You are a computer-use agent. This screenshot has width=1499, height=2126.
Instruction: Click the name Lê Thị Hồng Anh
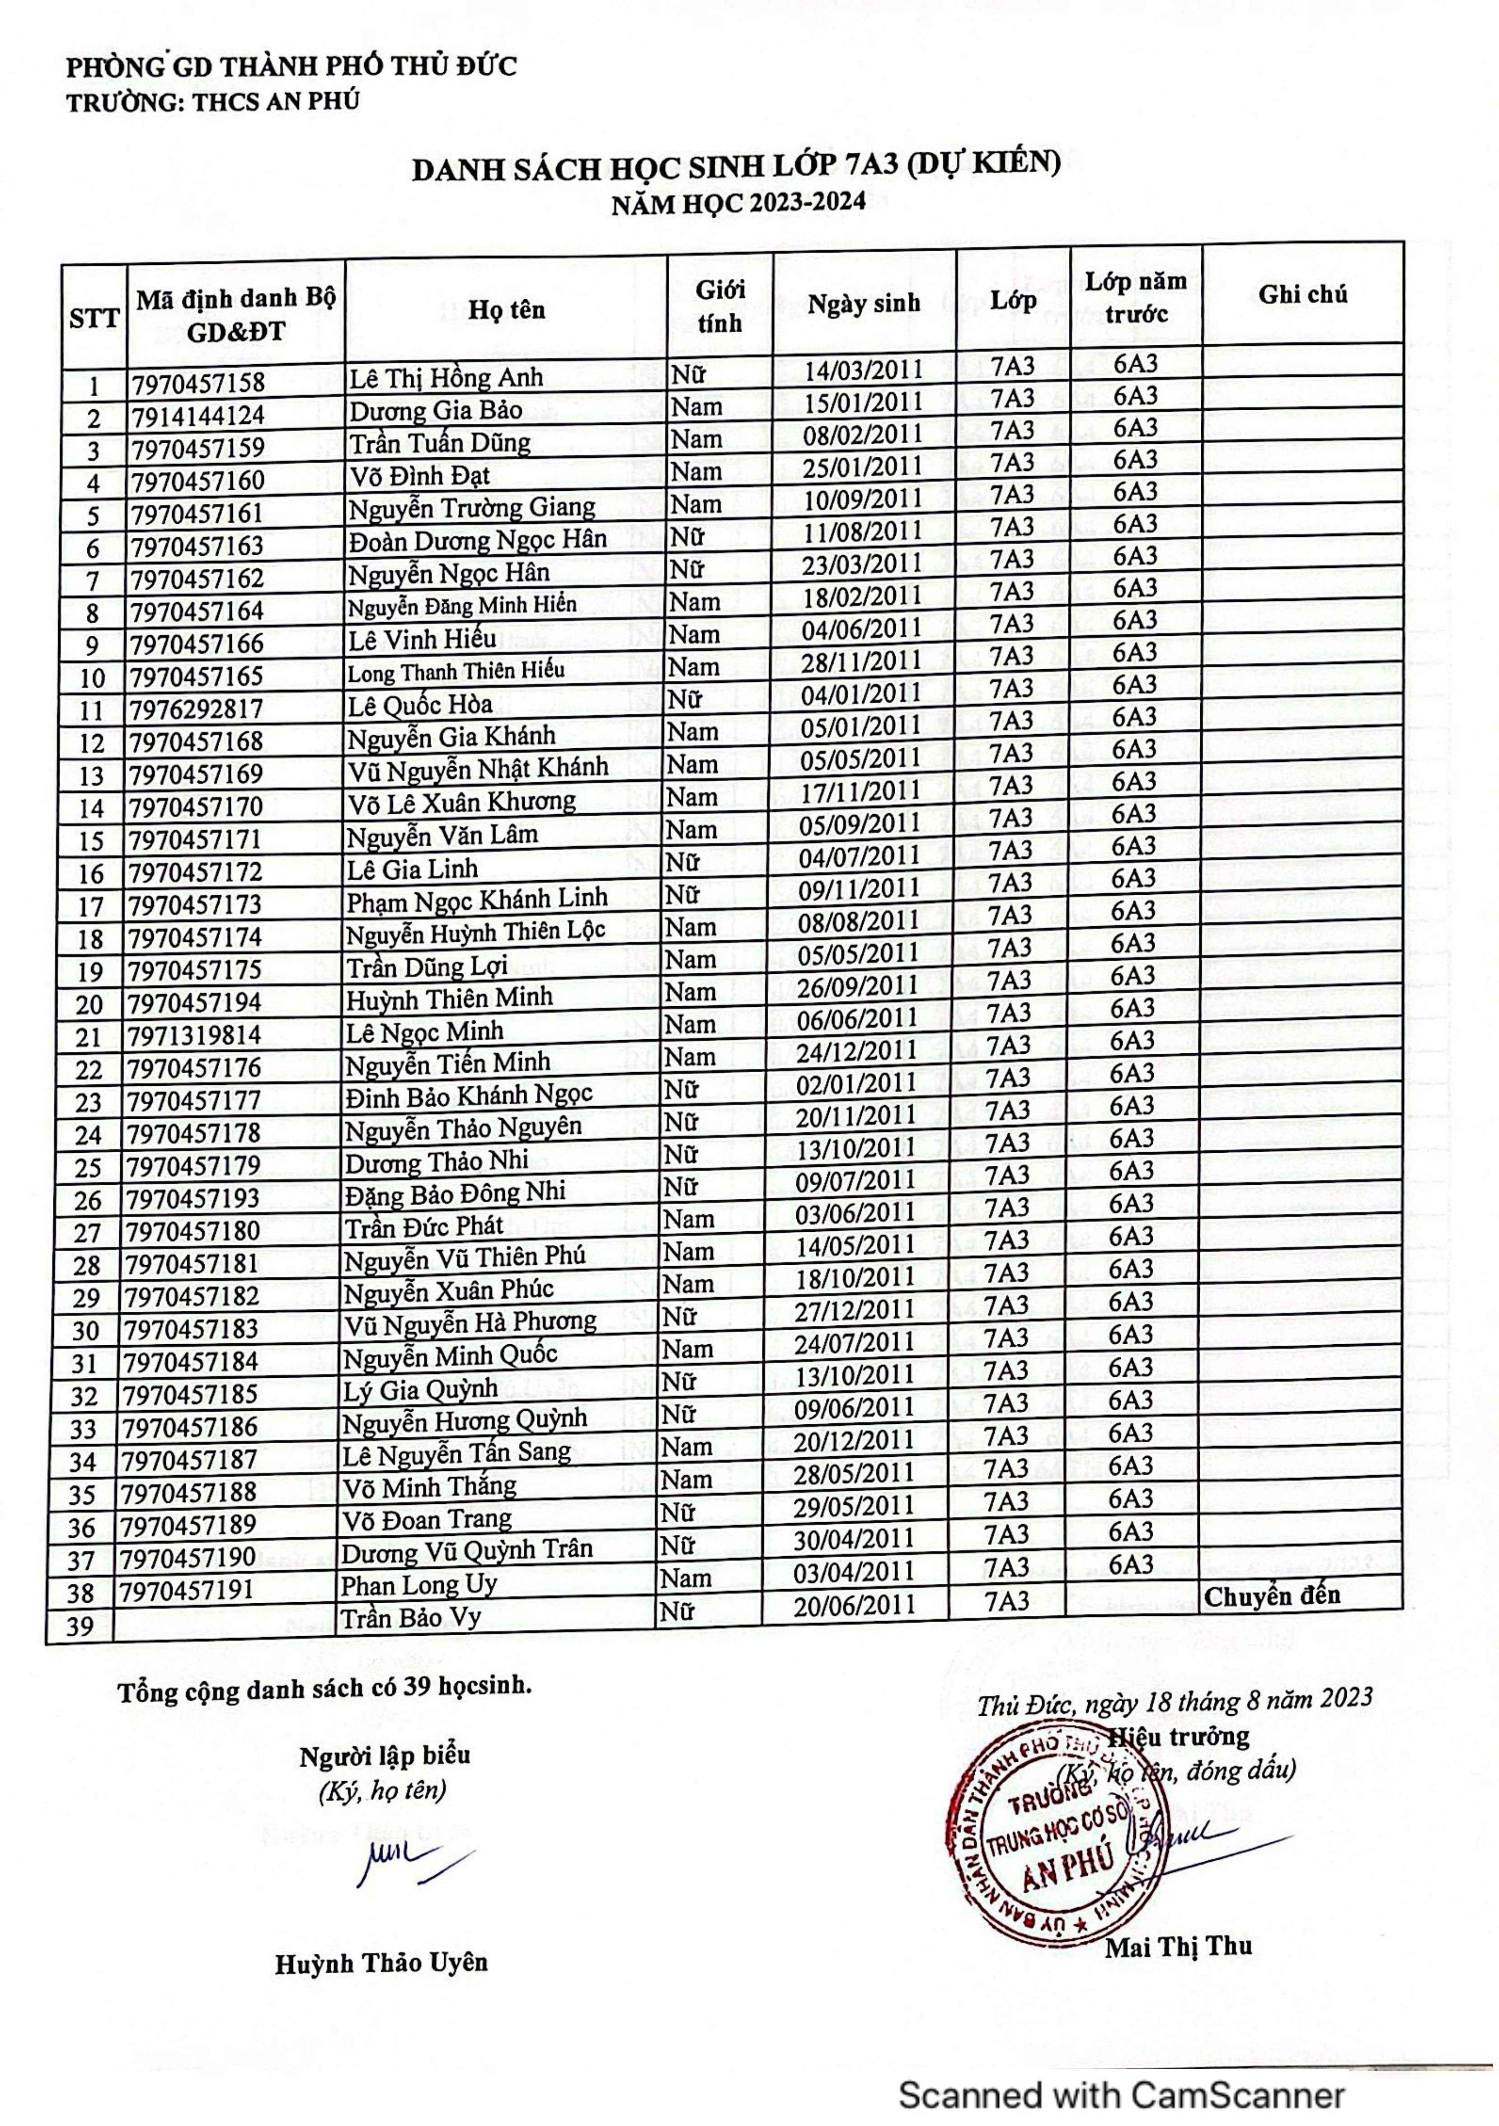point(445,377)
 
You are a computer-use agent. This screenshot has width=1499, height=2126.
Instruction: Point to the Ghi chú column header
point(1302,295)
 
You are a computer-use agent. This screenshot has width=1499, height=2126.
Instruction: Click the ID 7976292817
point(196,709)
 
